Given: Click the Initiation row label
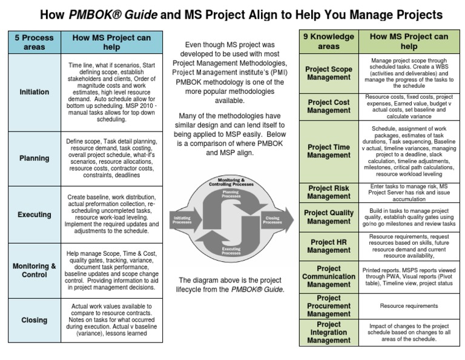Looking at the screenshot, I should click(x=35, y=92).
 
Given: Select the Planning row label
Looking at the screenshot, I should click(x=35, y=158).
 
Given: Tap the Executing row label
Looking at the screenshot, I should click(x=35, y=215).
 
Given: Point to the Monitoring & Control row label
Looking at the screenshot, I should click(x=35, y=270).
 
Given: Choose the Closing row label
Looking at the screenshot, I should click(x=35, y=320).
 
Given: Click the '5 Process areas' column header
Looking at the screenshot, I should click(x=35, y=42).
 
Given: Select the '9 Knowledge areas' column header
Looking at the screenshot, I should click(x=329, y=41).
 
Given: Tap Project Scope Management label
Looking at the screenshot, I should click(x=329, y=73).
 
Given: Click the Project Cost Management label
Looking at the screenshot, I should click(x=329, y=107).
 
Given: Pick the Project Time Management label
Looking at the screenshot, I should click(x=329, y=151).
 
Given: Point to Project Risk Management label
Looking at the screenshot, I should click(x=329, y=192).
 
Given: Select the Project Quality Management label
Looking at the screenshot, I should click(x=329, y=217).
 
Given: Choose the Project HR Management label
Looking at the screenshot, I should click(x=329, y=246).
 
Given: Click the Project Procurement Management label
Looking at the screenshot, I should click(x=329, y=306).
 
